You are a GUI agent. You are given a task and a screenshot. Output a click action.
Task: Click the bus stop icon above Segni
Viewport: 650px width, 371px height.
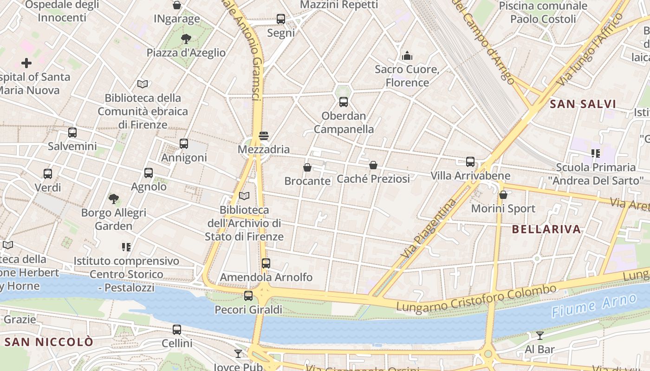coord(281,19)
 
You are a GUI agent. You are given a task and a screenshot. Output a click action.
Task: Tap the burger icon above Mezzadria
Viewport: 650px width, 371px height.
coord(264,136)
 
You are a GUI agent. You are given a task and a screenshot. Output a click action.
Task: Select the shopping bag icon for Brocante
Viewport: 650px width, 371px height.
coord(307,167)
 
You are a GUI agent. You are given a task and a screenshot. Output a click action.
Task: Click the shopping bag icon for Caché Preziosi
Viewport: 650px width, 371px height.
coord(373,165)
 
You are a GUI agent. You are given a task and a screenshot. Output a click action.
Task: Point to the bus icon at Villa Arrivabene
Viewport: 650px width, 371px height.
coord(470,162)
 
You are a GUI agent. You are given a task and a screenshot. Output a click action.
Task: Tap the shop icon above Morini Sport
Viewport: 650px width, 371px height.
coord(503,195)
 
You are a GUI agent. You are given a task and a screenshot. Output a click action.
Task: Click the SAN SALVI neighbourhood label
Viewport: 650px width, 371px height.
coord(583,104)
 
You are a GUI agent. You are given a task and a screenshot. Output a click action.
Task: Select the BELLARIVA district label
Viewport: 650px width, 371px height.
coord(546,229)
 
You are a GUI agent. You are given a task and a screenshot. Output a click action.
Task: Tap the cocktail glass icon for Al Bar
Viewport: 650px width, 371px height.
coord(539,335)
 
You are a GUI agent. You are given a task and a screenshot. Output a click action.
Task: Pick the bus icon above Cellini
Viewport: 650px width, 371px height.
coord(177,330)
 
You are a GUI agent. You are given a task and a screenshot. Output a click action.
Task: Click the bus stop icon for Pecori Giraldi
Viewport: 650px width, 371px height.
coord(248,295)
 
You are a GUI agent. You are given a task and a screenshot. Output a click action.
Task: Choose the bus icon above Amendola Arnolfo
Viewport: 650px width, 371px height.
coord(266,263)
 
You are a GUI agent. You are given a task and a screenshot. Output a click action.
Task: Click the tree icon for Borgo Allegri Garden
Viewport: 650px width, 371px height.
coord(113,199)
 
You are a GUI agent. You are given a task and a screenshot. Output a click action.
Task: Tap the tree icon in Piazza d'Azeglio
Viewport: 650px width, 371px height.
coord(186,38)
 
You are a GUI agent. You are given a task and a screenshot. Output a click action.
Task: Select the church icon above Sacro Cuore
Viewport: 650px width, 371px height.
coord(407,56)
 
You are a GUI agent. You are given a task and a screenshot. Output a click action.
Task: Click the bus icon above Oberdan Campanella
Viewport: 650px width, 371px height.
coord(344,102)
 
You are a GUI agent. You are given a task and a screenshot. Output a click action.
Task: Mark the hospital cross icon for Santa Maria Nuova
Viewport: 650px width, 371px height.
coord(26,63)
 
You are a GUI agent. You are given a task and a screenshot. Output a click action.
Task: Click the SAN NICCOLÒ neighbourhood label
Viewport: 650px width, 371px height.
coord(49,342)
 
